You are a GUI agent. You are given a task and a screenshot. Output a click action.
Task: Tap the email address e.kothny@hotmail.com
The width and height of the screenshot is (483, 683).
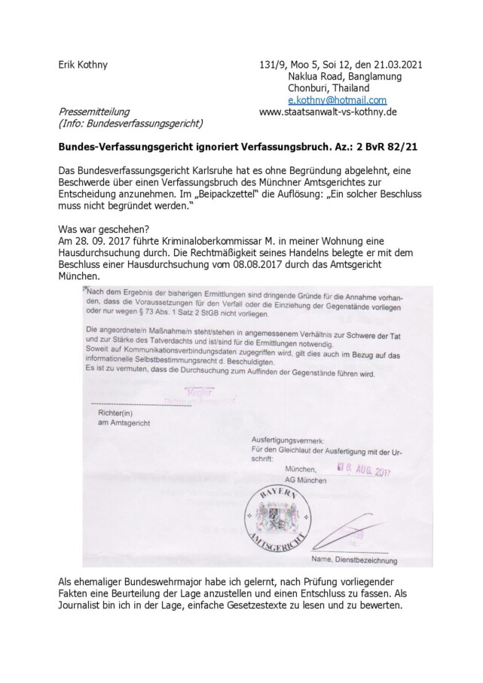[x=337, y=99]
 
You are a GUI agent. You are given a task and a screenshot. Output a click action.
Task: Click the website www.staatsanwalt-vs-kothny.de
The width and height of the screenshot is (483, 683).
[x=328, y=111]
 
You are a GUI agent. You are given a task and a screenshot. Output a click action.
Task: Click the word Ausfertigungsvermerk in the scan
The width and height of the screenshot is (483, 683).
[x=287, y=439]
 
